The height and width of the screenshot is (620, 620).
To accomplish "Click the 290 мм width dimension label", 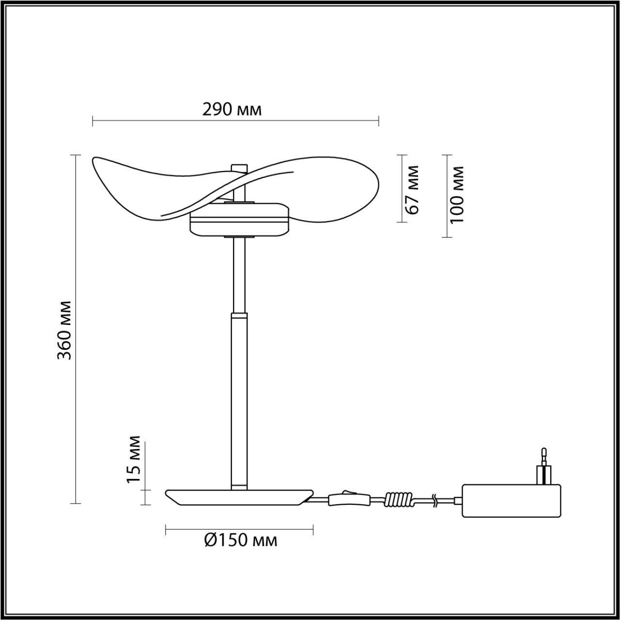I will click(232, 109).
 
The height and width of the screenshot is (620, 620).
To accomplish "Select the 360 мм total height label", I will click(64, 330).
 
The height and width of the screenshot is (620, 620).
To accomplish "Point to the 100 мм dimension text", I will click(457, 195).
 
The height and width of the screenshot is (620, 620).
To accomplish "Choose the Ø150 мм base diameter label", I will click(241, 540).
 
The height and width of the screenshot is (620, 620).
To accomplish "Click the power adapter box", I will click(511, 500).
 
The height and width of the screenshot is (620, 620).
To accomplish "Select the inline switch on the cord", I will click(349, 499).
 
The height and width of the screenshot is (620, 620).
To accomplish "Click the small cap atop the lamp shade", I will click(239, 168).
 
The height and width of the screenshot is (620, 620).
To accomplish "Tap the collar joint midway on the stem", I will click(239, 315).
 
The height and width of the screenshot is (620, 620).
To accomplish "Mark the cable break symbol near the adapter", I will click(434, 501).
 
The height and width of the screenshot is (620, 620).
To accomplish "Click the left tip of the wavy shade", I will click(95, 160).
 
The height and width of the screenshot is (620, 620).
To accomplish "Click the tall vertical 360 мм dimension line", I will click(75, 329).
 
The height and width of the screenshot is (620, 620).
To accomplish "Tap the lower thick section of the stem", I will click(239, 402).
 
